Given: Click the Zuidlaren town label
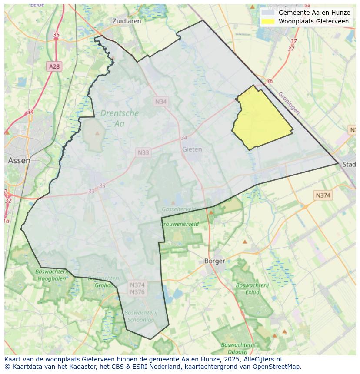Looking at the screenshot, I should pyautogui.click(x=126, y=21).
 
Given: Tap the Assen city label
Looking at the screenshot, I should pyautogui.click(x=19, y=160).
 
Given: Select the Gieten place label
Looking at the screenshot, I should pyautogui.click(x=192, y=149).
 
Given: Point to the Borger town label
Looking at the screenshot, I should pyautogui.click(x=215, y=261).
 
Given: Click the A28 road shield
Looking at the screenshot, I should pyautogui.click(x=54, y=66).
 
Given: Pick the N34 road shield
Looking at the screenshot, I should pyautogui.click(x=160, y=101).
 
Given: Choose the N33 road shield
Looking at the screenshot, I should pyautogui.click(x=143, y=152).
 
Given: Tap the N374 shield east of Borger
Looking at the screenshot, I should pyautogui.click(x=323, y=195).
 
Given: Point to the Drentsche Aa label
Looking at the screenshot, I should pyautogui.click(x=120, y=118).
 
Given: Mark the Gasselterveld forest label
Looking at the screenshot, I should pyautogui.click(x=178, y=209).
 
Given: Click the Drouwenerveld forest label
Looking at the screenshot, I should pyautogui.click(x=180, y=224).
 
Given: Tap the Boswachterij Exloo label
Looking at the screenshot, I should pyautogui.click(x=253, y=288).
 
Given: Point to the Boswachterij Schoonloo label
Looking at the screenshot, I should pyautogui.click(x=140, y=316).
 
